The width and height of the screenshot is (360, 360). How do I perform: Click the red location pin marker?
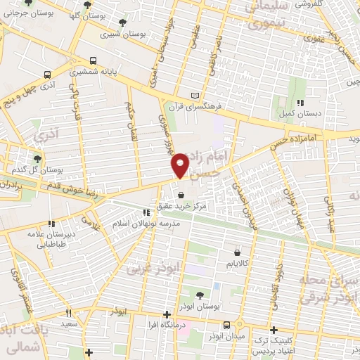[x=181, y=165]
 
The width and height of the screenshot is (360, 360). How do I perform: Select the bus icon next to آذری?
[x=47, y=74]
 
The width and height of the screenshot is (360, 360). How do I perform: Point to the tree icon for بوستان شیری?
[x=123, y=23]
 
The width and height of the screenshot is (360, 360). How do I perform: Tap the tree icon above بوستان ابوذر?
[x=200, y=295]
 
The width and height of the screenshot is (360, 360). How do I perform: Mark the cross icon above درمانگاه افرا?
[x=167, y=314]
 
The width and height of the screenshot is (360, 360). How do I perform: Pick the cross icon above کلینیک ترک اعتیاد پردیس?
[x=274, y=330]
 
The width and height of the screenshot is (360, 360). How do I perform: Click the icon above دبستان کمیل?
[x=300, y=103]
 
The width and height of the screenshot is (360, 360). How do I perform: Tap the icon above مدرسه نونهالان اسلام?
[x=146, y=212]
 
